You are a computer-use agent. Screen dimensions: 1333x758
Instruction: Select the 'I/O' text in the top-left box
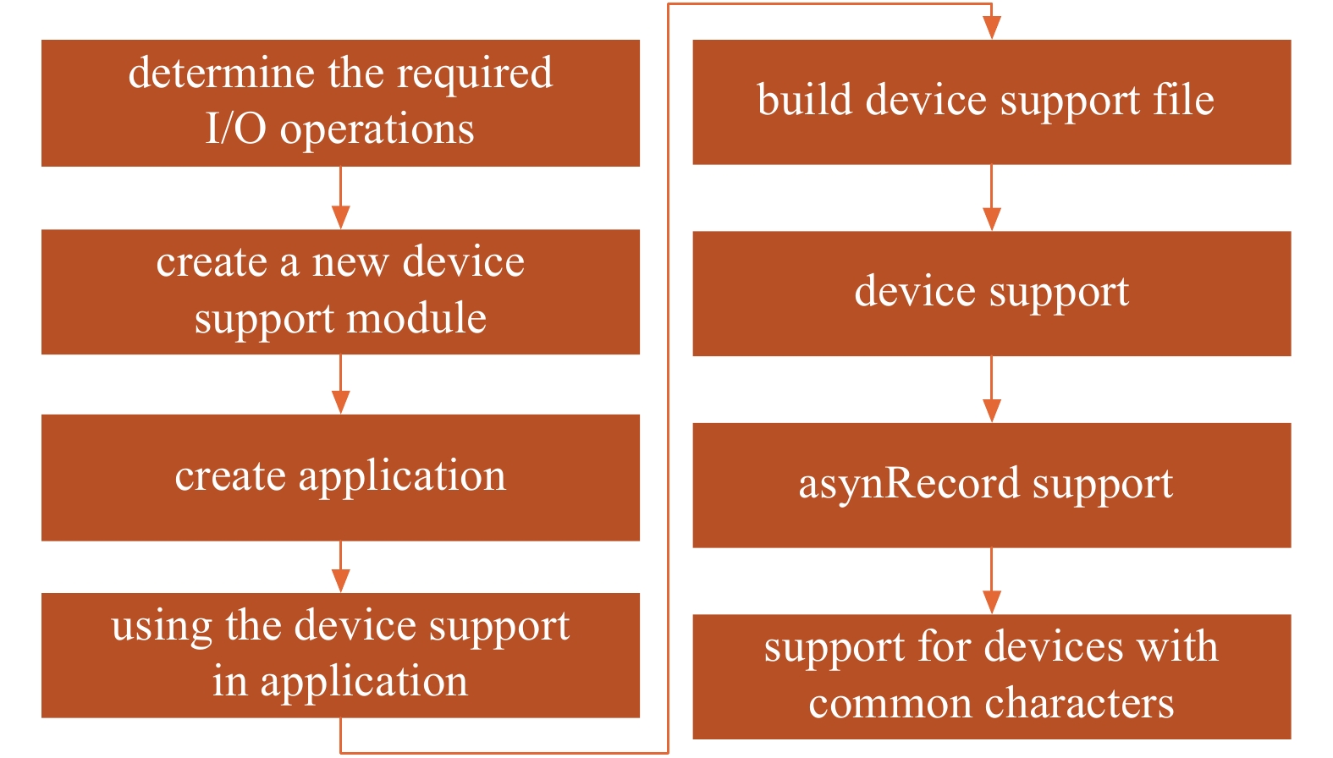235,129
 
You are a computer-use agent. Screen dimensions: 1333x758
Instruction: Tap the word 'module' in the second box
416,318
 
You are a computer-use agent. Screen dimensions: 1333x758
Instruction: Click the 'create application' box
340,478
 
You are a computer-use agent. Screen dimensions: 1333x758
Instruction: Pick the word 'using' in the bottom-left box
162,628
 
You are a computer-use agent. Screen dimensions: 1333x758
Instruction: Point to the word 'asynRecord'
909,483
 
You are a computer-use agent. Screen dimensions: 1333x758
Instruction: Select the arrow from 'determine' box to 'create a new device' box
340,197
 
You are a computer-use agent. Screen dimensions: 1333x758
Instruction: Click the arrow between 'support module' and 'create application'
340,384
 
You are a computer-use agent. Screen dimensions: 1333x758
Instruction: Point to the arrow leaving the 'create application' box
340,567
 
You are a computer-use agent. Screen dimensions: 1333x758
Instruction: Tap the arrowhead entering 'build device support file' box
991,27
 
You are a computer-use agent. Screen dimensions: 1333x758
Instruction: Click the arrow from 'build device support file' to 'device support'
991,197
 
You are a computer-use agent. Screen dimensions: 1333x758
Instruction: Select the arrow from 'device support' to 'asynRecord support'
991,390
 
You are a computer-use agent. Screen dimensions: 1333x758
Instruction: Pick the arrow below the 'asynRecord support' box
991,580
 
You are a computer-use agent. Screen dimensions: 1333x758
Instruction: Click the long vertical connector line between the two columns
669,378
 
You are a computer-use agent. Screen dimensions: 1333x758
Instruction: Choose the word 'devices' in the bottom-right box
1054,646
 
